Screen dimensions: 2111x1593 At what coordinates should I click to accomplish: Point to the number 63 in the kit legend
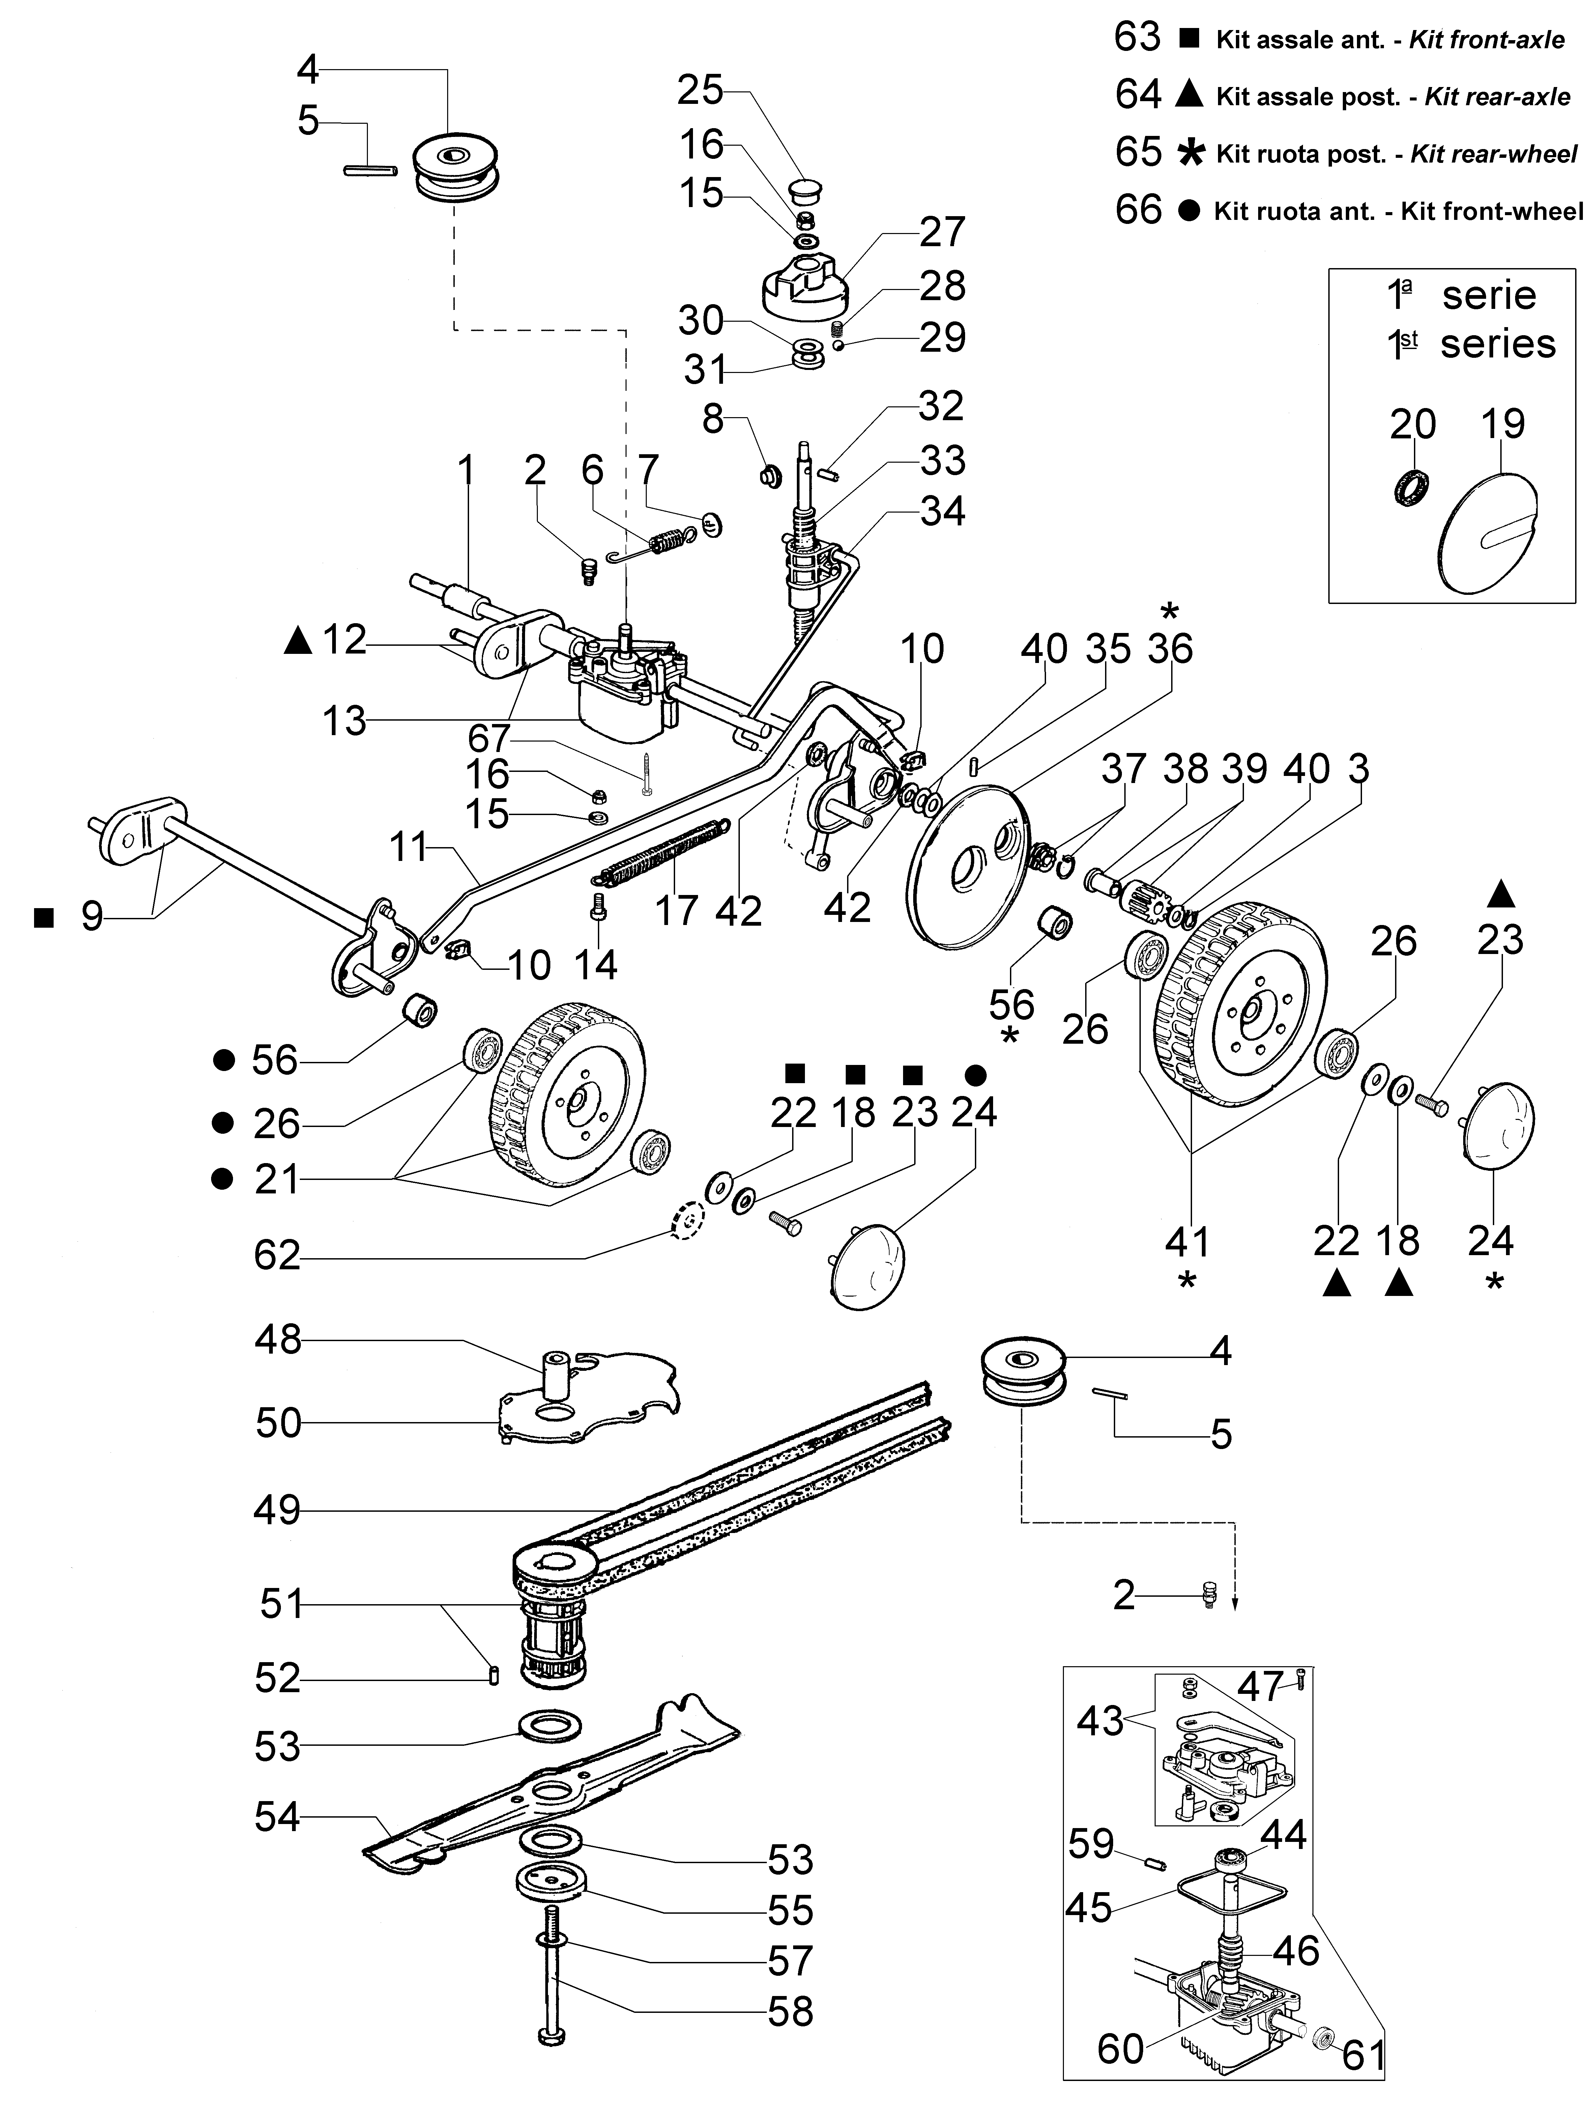tap(1138, 38)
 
